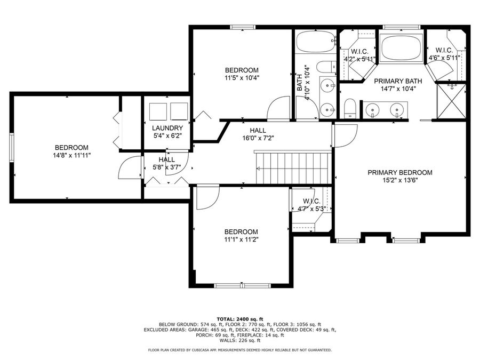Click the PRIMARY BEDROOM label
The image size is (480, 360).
[x=399, y=173]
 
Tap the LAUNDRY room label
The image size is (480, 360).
[x=167, y=128]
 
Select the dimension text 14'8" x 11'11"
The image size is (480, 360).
[x=71, y=156]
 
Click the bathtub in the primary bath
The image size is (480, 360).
[x=402, y=47]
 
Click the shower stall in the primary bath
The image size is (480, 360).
[x=451, y=101]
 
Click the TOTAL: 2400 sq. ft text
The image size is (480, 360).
[x=240, y=318]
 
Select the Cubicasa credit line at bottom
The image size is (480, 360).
[x=239, y=350]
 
